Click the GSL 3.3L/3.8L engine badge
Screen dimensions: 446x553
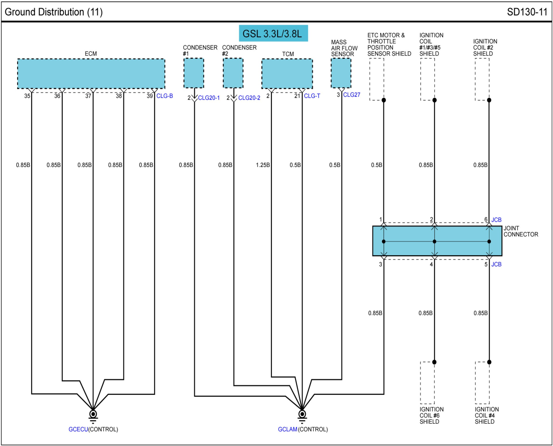(273, 34)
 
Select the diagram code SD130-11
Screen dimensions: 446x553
(527, 12)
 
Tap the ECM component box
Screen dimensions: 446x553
(91, 74)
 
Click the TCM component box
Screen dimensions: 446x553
(287, 74)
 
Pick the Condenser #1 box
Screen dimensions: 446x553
(193, 73)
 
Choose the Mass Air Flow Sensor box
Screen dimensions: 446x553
(341, 73)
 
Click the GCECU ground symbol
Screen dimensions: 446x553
(93, 414)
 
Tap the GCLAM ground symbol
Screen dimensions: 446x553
(302, 414)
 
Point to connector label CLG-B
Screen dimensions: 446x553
(164, 96)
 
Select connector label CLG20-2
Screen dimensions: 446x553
(249, 98)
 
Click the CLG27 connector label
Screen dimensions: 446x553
(351, 95)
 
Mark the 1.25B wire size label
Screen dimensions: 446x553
(263, 165)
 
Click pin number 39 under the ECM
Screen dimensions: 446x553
(149, 96)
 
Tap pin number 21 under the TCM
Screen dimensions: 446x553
(297, 96)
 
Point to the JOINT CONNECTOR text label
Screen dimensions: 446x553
(521, 231)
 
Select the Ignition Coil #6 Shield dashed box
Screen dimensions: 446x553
(427, 383)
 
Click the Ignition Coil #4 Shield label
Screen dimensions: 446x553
(486, 415)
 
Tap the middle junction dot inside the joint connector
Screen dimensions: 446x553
(434, 241)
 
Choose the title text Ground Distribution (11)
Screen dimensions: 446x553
(54, 12)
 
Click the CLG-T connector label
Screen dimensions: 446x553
(312, 96)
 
